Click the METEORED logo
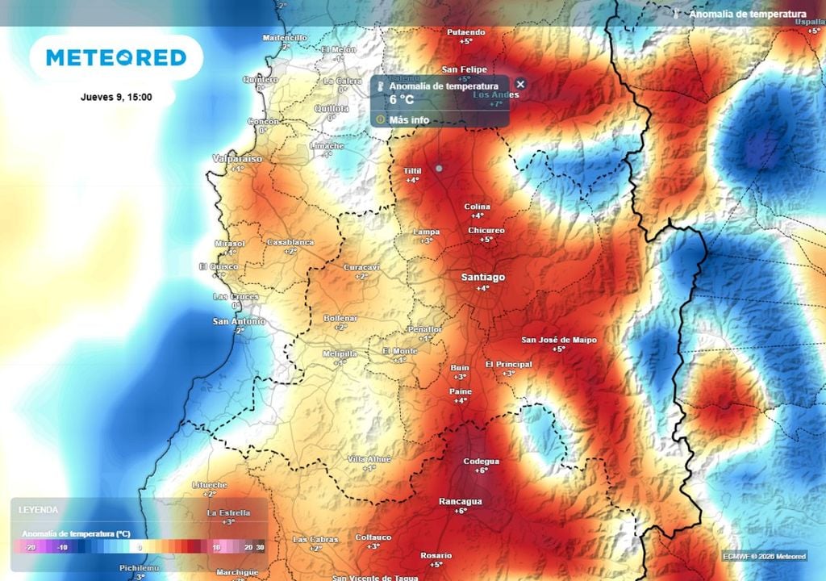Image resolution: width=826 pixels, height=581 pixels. coord(116,57)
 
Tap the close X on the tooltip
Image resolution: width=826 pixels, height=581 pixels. coord(520,84)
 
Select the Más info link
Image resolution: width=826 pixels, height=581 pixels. coord(409,120)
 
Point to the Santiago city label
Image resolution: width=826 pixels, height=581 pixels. coord(482,277)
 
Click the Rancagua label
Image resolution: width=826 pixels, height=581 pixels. coord(460,501)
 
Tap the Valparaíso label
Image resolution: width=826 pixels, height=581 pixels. coord(237,159)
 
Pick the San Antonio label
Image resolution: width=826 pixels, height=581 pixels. coord(239,321)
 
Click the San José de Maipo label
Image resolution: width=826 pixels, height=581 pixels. coord(559,340)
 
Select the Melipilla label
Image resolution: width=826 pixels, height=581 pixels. coord(339,353)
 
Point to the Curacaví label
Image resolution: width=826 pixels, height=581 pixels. coord(361,266)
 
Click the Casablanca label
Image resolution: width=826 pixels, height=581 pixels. coord(290,242)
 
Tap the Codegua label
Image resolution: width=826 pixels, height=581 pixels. coord(481,461)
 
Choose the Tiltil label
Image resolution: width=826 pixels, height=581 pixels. coord(412,170)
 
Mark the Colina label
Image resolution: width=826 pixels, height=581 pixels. coord(478,207)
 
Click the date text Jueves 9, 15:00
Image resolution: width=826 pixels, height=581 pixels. coord(116,97)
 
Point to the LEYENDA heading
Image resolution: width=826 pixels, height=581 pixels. coord(38,510)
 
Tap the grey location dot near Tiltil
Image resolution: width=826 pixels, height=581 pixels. coord(439,168)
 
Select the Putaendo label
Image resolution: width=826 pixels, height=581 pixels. coord(465,32)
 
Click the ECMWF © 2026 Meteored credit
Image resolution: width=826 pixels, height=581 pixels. coord(763,556)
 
